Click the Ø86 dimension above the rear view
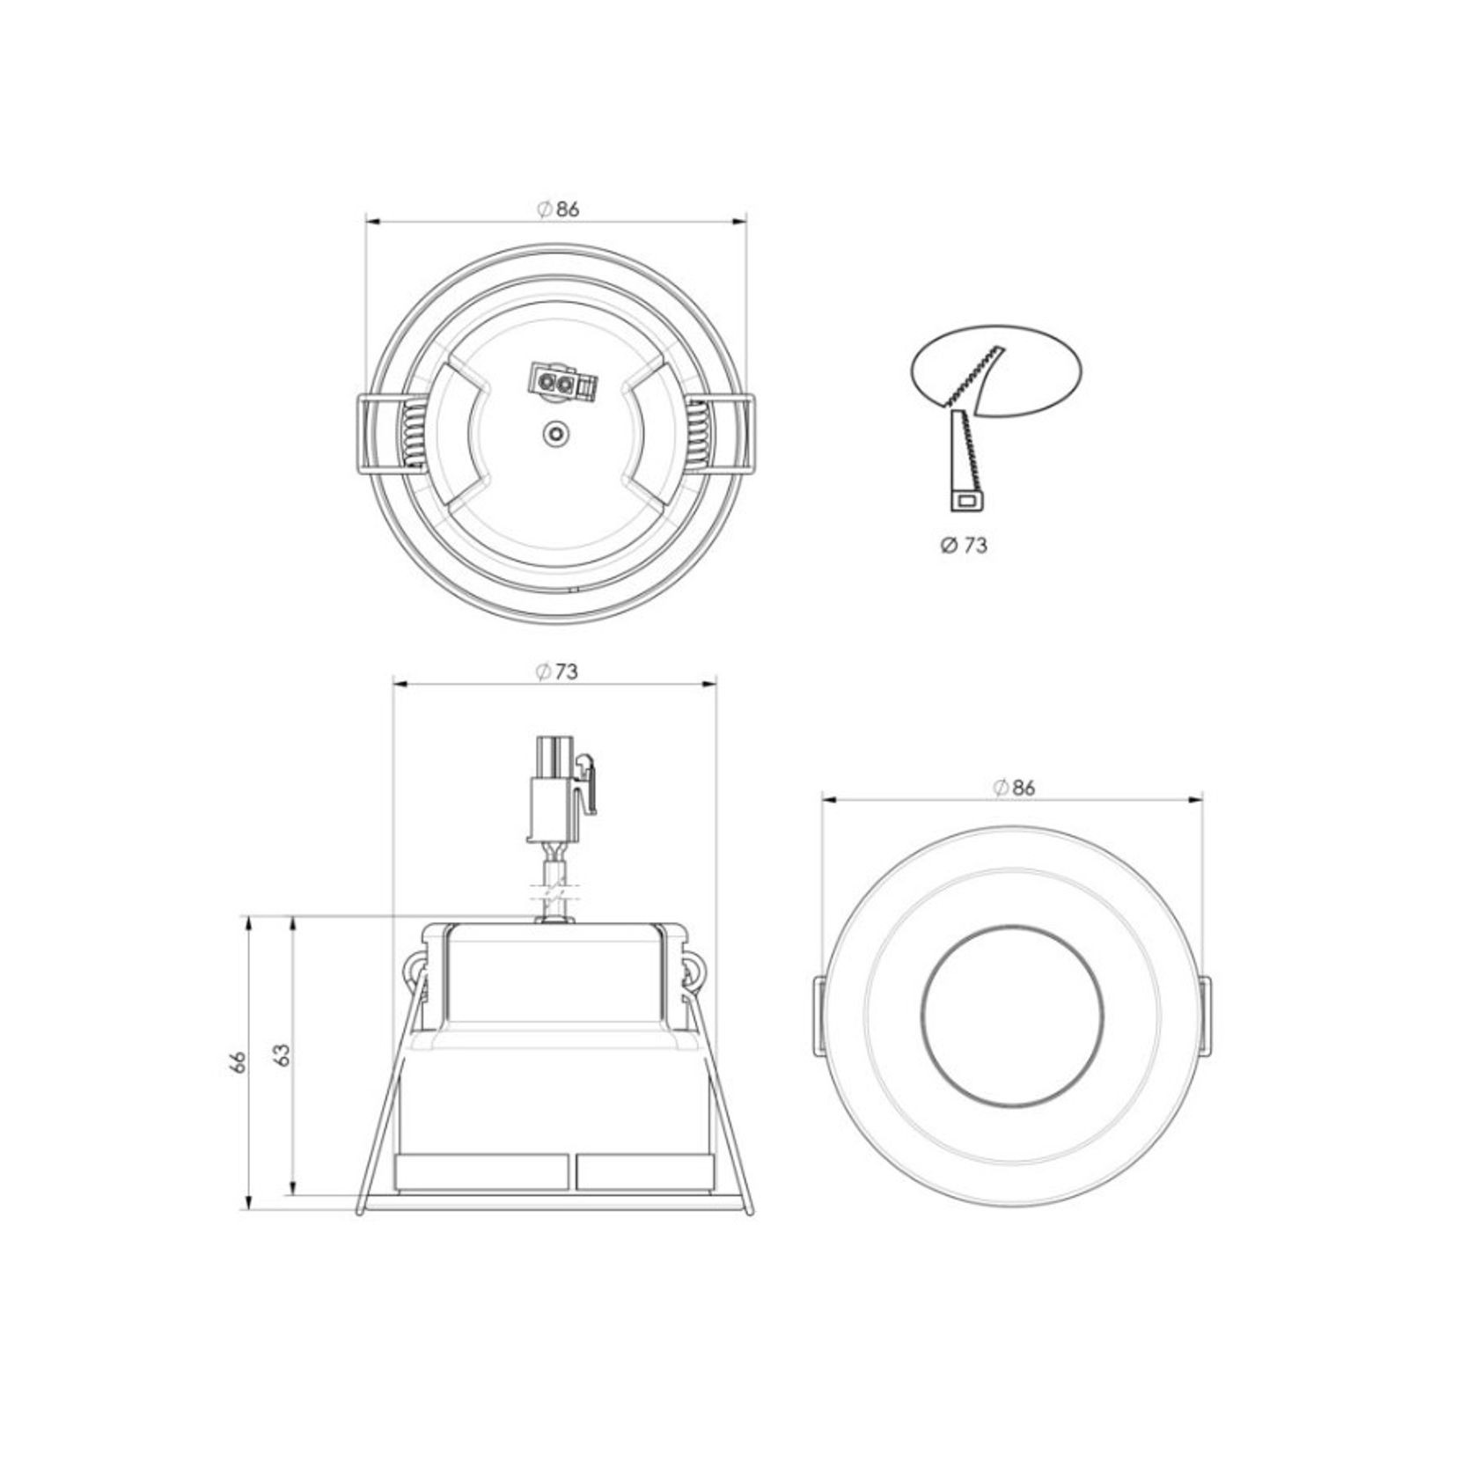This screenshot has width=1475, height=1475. click(x=558, y=209)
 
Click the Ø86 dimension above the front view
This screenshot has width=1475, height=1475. click(x=1014, y=788)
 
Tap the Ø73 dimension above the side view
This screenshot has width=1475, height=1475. click(x=557, y=671)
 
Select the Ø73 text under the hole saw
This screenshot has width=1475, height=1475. click(x=964, y=546)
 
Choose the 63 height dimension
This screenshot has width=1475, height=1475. click(x=282, y=1054)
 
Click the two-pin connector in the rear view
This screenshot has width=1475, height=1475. click(x=561, y=383)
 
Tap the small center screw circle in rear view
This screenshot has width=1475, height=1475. click(x=555, y=433)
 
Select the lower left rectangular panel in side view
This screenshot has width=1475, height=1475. click(x=483, y=1172)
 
